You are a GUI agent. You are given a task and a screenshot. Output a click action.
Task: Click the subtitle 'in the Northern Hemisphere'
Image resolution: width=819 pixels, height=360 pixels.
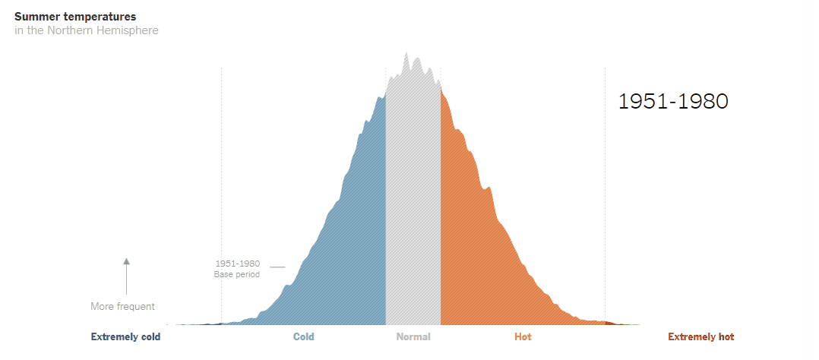click(86, 30)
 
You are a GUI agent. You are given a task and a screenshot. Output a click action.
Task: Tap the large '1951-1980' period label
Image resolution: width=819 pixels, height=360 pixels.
click(673, 102)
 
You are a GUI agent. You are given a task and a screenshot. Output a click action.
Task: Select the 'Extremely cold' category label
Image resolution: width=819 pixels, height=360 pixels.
click(125, 337)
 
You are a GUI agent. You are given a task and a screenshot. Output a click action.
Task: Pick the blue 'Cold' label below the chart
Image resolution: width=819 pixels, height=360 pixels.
click(303, 337)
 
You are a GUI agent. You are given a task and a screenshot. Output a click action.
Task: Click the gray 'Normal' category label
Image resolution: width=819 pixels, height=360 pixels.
click(413, 337)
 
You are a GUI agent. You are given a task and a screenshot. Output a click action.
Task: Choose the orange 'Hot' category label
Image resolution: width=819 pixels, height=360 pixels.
click(523, 337)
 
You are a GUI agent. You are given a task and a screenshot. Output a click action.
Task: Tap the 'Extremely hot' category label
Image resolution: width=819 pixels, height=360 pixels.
click(700, 337)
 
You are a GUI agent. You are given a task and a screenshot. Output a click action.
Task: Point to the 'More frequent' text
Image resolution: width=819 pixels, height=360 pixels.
click(122, 307)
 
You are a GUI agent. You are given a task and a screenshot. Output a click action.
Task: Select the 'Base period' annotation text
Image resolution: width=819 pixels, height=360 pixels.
click(236, 274)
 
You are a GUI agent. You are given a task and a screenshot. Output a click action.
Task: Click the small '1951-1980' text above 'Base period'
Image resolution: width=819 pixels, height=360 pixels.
click(237, 264)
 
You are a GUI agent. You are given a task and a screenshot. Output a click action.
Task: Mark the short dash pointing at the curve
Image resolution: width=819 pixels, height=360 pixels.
click(277, 267)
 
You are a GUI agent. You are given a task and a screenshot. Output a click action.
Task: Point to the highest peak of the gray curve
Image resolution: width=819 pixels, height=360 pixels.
click(406, 54)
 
